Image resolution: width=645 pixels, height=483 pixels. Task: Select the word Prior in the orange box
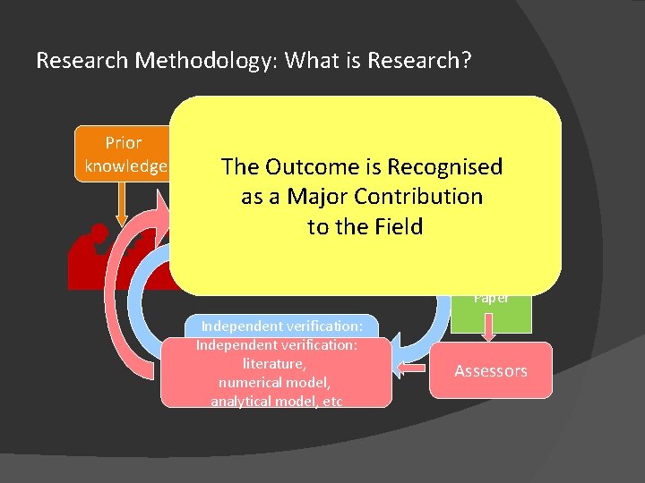click(123, 142)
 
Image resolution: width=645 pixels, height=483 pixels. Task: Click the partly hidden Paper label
click(491, 299)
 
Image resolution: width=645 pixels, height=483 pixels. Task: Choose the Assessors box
click(490, 370)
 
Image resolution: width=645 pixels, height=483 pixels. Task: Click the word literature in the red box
click(276, 363)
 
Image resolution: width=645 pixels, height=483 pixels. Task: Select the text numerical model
click(276, 382)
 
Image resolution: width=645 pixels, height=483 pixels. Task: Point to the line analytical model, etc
click(276, 401)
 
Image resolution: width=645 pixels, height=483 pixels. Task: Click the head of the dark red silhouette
click(99, 234)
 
